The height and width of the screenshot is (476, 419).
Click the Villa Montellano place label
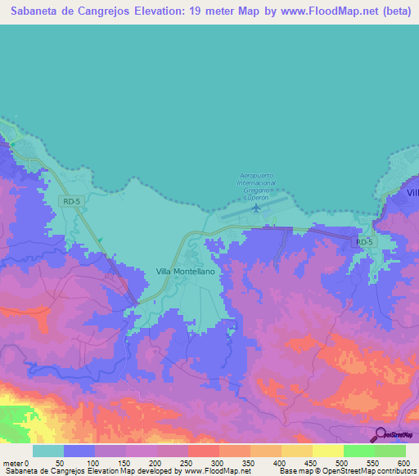tap(184, 270)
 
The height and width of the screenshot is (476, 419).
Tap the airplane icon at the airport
tap(256, 207)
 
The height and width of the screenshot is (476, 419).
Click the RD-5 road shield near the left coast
tap(72, 200)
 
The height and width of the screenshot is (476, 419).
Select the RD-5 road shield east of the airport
tap(364, 242)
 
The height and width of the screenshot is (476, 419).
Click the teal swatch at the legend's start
tap(48, 451)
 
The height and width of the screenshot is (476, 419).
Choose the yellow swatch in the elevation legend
tap(328, 451)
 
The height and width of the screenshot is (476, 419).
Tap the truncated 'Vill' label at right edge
tap(412, 191)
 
